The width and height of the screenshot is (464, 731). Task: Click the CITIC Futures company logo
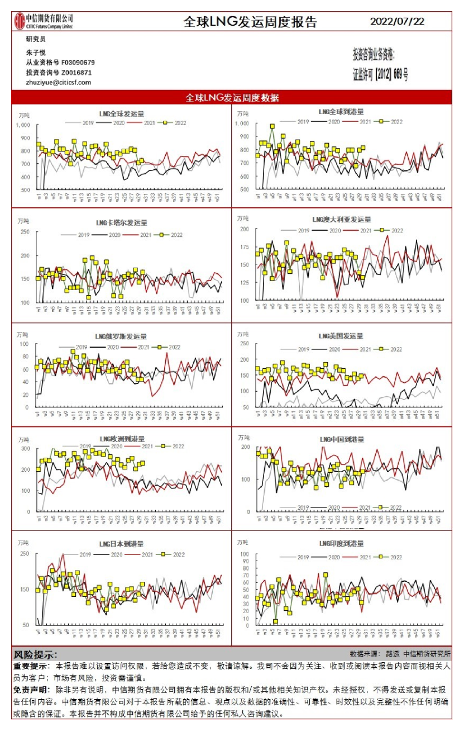pyautogui.click(x=44, y=21)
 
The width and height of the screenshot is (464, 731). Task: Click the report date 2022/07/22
pyautogui.click(x=397, y=22)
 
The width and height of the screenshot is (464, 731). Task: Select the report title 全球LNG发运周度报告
pyautogui.click(x=250, y=22)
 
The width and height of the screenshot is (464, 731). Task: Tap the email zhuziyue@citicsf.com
pyautogui.click(x=58, y=82)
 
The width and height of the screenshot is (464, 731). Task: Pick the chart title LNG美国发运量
pyautogui.click(x=341, y=336)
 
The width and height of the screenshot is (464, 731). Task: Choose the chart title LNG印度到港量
pyautogui.click(x=341, y=543)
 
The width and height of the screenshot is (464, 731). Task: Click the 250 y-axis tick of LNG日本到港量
pyautogui.click(x=24, y=554)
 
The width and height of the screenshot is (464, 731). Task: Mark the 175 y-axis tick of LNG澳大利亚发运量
pyautogui.click(x=243, y=246)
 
